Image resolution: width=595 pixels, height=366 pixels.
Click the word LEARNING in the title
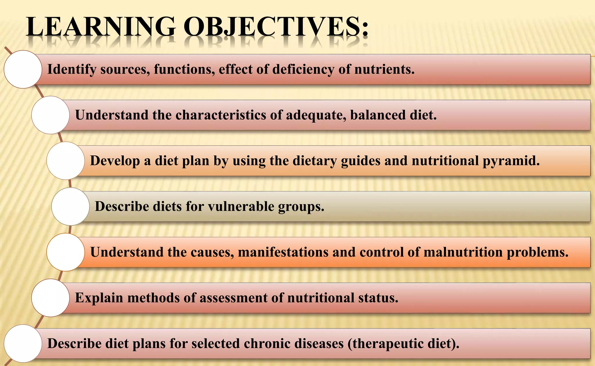pyautogui.click(x=101, y=27)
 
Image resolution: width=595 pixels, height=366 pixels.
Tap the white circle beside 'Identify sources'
pyautogui.click(x=23, y=69)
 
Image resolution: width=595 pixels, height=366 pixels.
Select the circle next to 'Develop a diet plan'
pyautogui.click(x=66, y=161)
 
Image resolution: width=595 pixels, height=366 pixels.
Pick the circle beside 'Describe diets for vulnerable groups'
pyautogui.click(x=71, y=206)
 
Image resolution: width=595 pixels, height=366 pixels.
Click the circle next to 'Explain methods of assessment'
pyautogui.click(x=51, y=298)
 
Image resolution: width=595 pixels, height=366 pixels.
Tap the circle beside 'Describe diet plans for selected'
pyautogui.click(x=23, y=343)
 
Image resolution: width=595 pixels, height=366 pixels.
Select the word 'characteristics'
pyautogui.click(x=221, y=115)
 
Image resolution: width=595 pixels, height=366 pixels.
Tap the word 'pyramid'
pyautogui.click(x=511, y=161)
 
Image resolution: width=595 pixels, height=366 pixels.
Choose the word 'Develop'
pyautogui.click(x=115, y=161)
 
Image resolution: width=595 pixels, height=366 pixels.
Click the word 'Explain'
pyautogui.click(x=99, y=298)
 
